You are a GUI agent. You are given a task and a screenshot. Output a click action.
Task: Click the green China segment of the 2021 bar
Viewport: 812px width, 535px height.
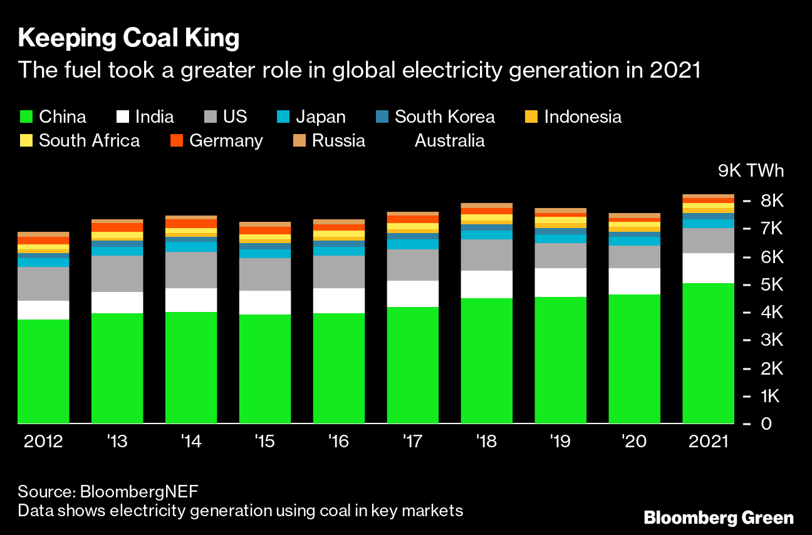coord(708,353)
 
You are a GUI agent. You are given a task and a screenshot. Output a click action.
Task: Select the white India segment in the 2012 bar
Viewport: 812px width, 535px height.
coord(43,310)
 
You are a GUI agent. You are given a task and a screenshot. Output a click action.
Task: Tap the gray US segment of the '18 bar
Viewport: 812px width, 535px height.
coord(486,255)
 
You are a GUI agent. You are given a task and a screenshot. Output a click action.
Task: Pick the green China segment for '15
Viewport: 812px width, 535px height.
coord(265,369)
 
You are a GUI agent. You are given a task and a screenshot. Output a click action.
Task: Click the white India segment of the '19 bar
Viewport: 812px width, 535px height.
coord(560,283)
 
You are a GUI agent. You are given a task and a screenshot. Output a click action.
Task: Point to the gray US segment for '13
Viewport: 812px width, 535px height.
coord(117,274)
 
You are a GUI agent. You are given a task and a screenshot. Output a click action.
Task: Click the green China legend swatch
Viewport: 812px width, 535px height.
coord(26,117)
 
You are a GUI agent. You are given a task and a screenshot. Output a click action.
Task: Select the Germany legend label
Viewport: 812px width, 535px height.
coord(226,140)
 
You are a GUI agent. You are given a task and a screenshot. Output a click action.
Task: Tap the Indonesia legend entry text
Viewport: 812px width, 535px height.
coord(583,117)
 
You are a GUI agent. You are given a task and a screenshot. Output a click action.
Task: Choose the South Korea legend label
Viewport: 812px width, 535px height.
coord(444,117)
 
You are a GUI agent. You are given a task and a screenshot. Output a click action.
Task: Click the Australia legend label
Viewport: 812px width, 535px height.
coord(449,140)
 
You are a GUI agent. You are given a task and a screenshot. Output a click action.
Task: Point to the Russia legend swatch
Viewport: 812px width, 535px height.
coord(299,140)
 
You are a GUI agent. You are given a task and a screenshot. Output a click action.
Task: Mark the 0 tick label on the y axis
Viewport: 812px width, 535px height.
coord(767,424)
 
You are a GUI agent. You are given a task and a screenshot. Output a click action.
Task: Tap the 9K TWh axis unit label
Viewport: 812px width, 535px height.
coord(750,171)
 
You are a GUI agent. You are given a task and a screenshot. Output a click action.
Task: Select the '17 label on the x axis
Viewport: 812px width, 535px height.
coord(412,442)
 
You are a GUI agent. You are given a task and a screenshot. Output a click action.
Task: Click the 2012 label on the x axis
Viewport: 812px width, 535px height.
coord(43,442)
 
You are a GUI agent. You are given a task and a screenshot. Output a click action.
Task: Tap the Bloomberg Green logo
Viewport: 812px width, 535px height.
coord(719,518)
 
